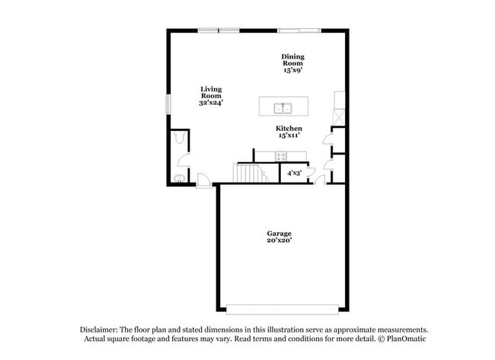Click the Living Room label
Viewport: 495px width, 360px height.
pos(211,91)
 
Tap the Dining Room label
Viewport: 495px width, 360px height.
pos(293,59)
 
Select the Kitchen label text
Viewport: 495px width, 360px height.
pos(289,129)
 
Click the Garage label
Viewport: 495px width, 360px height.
pos(279,233)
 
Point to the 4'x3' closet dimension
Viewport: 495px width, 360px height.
pos(293,174)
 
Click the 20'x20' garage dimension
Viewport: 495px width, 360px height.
pos(279,241)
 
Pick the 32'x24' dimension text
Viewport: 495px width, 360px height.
pos(211,102)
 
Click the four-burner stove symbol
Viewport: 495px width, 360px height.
pos(281,156)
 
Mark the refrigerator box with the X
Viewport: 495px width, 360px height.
pos(339,116)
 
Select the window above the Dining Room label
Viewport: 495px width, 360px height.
pos(299,30)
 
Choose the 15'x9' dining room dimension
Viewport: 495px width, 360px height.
pos(293,70)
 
